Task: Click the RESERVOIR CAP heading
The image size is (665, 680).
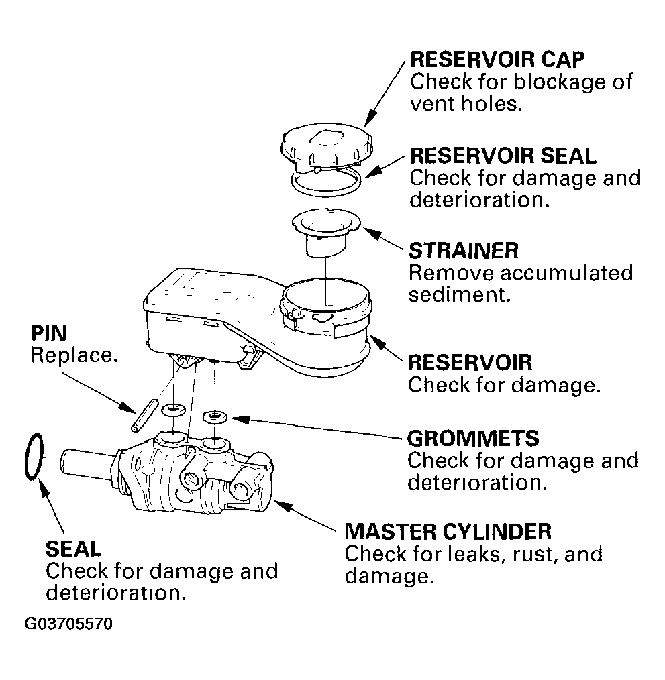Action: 497,60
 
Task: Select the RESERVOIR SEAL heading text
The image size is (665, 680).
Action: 503,156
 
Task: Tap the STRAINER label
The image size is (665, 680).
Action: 464,251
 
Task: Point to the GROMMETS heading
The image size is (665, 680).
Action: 472,439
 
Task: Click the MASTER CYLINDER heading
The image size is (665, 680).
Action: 448,532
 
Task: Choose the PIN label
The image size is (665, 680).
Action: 48,333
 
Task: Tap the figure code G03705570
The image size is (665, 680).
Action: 68,624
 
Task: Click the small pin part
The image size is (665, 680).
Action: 143,416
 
